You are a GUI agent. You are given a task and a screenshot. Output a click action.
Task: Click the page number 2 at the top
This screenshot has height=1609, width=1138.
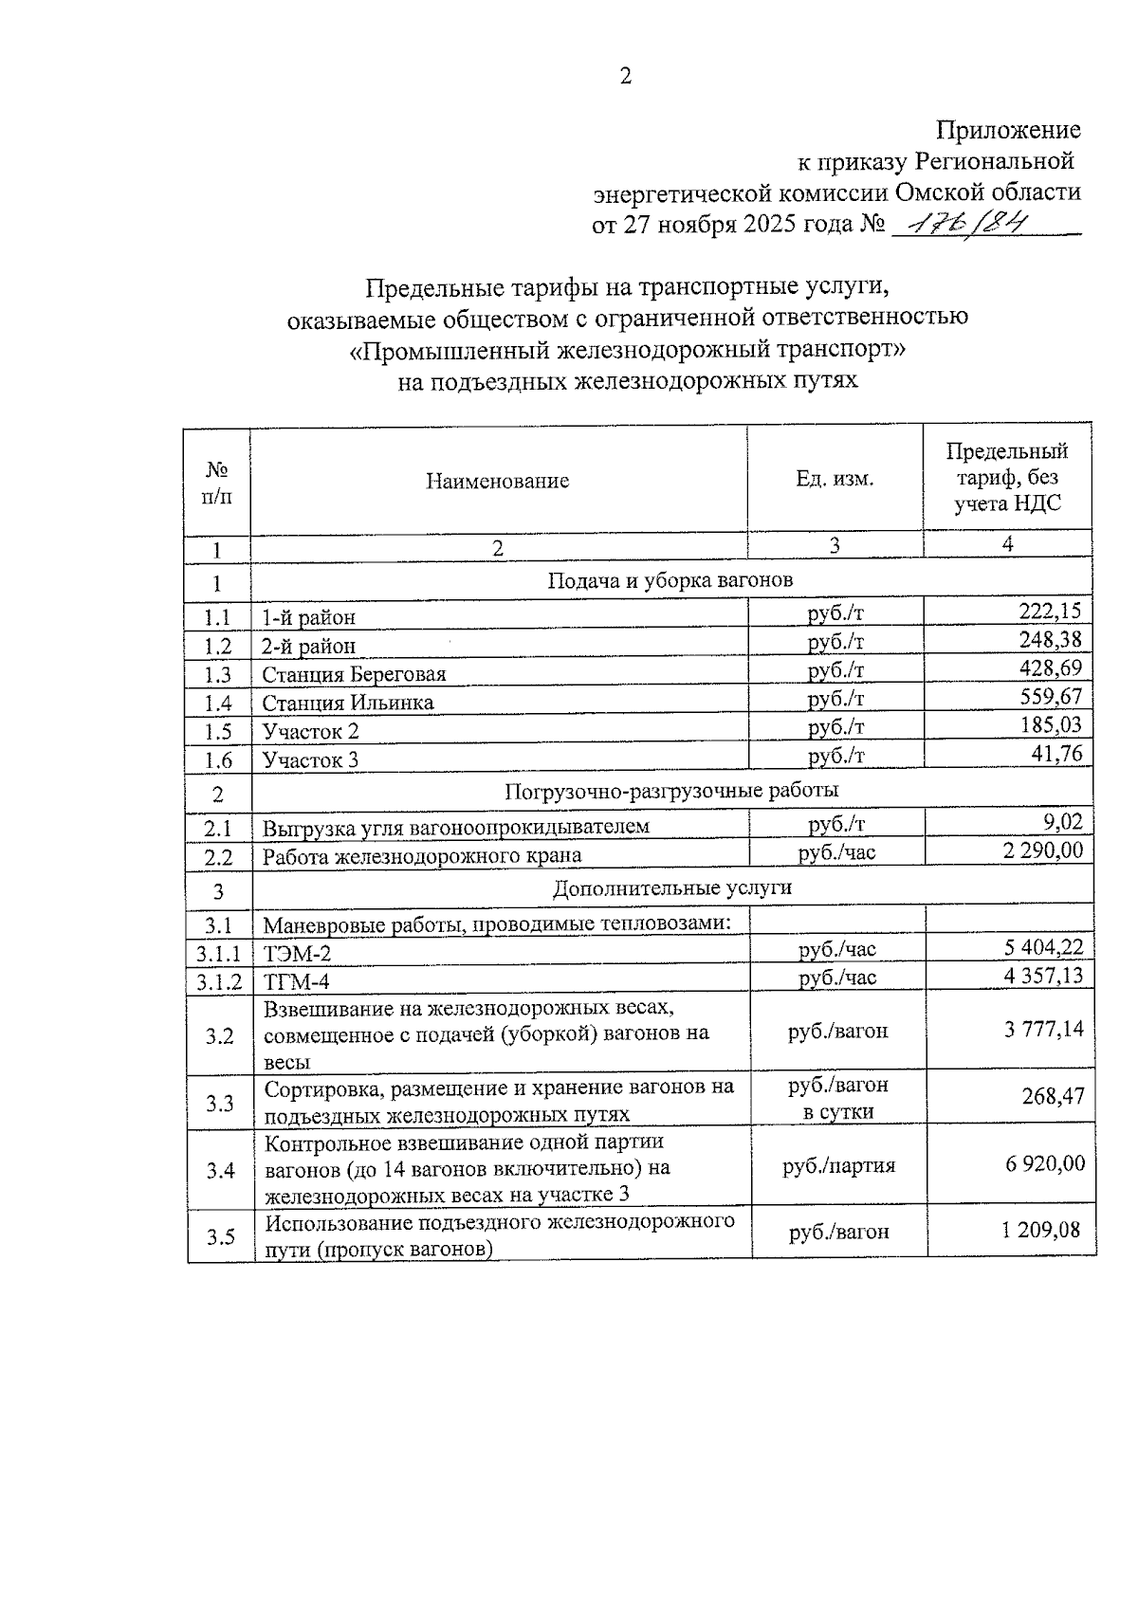(x=625, y=77)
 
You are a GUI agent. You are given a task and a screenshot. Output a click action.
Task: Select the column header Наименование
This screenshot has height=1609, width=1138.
(x=497, y=481)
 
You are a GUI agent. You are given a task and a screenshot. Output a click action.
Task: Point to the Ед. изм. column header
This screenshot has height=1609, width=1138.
(x=835, y=479)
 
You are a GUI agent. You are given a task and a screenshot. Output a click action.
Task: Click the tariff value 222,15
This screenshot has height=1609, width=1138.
(x=1049, y=611)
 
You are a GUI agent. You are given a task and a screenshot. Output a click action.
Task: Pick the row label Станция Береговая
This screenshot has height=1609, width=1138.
(x=354, y=674)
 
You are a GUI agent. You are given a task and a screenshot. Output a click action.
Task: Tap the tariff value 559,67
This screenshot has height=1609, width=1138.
(x=1049, y=697)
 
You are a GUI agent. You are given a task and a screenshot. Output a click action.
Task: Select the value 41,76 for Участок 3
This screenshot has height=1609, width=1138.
(x=1055, y=754)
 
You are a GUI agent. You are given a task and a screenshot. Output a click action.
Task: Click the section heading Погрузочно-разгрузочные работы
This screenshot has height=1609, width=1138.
(x=671, y=790)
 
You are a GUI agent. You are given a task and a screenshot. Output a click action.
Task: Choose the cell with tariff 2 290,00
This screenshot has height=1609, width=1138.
(x=1042, y=850)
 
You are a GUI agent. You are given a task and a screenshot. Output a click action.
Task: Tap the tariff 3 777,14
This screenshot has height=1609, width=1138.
(x=1044, y=1029)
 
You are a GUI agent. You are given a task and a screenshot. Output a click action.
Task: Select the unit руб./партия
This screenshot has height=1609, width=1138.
(x=838, y=1165)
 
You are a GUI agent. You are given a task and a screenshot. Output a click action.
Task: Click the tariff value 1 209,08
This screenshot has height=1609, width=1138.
(x=1040, y=1231)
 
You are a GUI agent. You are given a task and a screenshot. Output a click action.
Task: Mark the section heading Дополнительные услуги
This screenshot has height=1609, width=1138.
(x=671, y=888)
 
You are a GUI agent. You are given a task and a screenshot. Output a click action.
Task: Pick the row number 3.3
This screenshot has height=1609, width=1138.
(x=220, y=1103)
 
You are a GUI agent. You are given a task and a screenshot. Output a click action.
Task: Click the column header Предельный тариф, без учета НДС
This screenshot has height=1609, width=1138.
(x=1007, y=477)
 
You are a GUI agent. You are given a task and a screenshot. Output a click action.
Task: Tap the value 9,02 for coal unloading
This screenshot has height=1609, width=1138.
(x=1062, y=821)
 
